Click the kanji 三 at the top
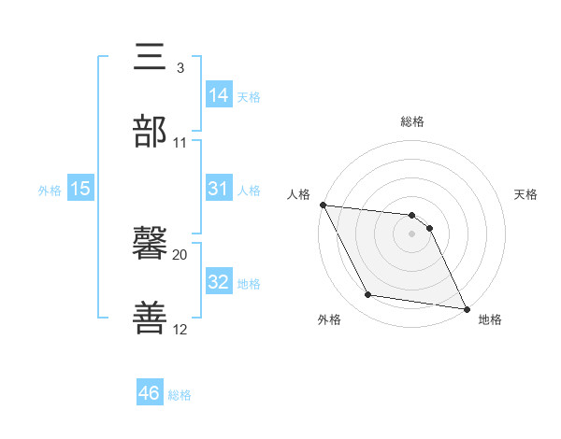150,58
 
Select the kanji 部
150,132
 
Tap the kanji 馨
150,245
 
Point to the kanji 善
150,319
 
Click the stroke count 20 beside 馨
180,254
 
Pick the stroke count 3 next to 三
180,68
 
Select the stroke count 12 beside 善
180,329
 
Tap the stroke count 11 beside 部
180,143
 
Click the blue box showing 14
219,94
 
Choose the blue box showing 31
219,189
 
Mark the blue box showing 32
219,282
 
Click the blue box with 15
80,189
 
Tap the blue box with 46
150,393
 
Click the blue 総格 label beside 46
180,395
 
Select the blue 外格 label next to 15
50,190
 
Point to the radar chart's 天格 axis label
526,194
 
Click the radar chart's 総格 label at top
412,121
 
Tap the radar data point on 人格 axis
323,205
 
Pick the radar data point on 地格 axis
465,308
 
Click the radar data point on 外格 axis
367,296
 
